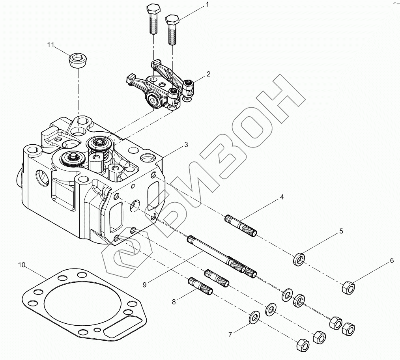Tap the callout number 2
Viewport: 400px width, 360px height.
pos(208,74)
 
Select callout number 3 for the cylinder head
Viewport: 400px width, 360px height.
pos(186,145)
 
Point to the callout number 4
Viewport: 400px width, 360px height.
pos(282,196)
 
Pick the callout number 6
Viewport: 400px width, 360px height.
pos(392,261)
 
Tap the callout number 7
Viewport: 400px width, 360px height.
pos(230,335)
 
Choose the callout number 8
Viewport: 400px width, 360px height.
pos(174,302)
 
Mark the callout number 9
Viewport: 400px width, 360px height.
pos(145,284)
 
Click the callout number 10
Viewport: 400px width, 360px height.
pos(22,265)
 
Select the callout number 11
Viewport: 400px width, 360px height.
pos(50,45)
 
